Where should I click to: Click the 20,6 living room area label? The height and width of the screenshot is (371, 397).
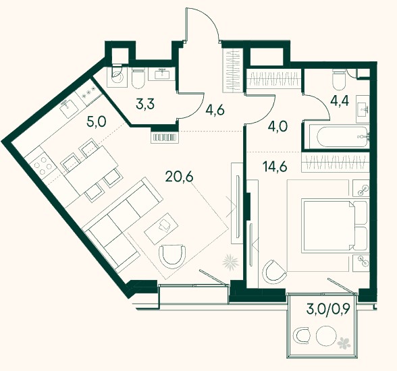tap(180, 177)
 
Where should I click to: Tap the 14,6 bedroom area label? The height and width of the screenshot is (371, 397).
tap(275, 167)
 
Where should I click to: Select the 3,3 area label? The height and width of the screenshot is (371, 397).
tap(145, 104)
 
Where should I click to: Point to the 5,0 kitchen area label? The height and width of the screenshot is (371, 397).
tap(97, 121)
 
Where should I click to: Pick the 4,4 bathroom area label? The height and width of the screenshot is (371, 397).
tap(340, 101)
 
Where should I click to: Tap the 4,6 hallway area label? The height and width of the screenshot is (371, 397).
tap(215, 110)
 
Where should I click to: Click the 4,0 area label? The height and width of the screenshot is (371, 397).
tap(277, 126)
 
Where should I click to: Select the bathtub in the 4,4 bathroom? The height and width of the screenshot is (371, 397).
tap(342, 136)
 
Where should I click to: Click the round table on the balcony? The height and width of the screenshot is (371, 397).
tap(326, 336)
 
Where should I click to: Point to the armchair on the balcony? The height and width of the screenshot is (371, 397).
tap(301, 336)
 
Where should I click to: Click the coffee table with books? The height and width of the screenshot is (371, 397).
tap(161, 229)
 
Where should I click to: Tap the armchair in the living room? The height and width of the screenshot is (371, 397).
tap(172, 255)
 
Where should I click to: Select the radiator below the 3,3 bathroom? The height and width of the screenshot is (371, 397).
tap(165, 138)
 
